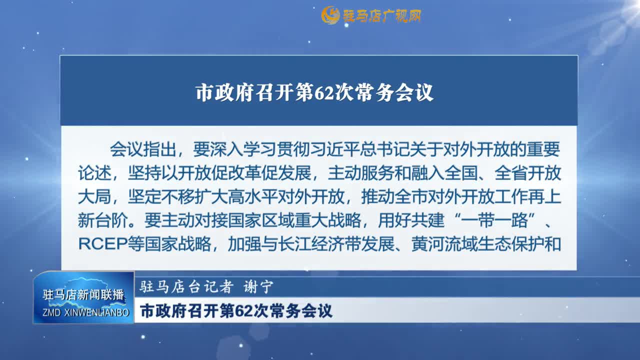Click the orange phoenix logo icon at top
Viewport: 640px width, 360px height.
(x=330, y=15)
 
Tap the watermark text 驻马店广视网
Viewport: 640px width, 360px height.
(x=381, y=15)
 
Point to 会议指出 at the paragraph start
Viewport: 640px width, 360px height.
(x=143, y=149)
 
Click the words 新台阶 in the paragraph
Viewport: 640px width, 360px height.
(x=103, y=220)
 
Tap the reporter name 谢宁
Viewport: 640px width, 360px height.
(x=258, y=286)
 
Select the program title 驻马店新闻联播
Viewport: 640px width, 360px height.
(x=83, y=294)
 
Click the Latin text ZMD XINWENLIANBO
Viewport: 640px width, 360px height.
(x=85, y=312)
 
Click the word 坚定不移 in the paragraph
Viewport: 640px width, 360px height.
(x=161, y=196)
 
